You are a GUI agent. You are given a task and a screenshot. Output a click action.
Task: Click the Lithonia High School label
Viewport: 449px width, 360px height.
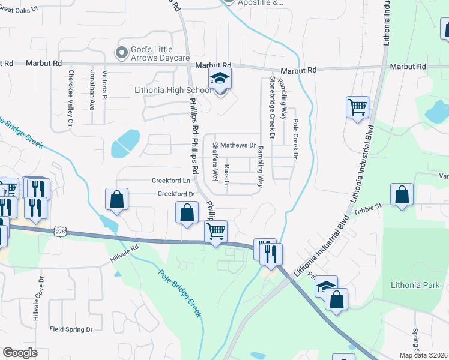(173, 91)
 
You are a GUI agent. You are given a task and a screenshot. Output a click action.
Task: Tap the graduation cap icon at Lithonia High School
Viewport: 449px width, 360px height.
(220, 79)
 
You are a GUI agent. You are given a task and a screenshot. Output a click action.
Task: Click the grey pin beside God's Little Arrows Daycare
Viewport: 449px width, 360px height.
(122, 53)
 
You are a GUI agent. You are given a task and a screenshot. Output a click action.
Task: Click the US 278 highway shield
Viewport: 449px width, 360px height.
(59, 231)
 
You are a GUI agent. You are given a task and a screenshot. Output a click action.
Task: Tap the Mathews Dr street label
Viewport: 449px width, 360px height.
(238, 145)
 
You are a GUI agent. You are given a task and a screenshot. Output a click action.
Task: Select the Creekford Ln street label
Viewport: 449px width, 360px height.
(171, 180)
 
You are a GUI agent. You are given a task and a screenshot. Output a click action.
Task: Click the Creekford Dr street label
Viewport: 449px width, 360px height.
(176, 194)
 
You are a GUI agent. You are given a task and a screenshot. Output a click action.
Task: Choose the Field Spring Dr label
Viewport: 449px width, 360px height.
(71, 329)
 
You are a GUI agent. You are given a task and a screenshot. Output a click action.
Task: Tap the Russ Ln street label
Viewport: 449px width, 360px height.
(226, 175)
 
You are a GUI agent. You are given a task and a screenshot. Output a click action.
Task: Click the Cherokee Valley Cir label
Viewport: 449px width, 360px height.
(71, 98)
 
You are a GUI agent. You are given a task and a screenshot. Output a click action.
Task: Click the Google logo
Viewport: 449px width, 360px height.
(20, 353)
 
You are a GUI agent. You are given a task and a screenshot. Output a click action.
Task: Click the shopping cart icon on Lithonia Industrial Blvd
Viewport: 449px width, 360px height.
(357, 107)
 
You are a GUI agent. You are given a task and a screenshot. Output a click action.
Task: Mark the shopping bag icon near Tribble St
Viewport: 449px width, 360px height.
(402, 194)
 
